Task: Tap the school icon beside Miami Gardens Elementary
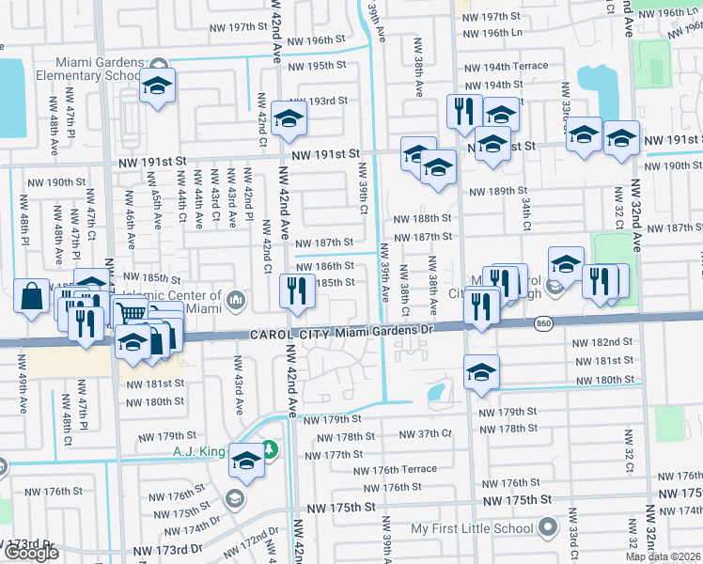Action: pos(157,87)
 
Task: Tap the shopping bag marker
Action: pos(32,296)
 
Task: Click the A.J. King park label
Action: pos(198,451)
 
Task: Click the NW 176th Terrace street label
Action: pos(396,470)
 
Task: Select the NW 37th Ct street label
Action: pos(427,434)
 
